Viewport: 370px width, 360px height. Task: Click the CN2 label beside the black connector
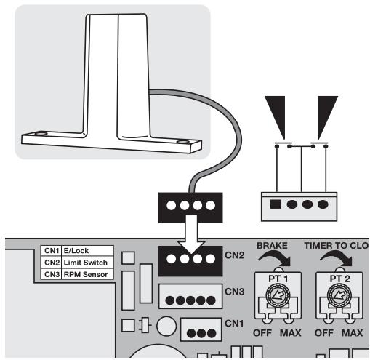click(234, 255)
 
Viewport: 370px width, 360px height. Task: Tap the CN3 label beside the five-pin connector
click(234, 292)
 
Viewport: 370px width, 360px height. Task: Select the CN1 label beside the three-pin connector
click(234, 324)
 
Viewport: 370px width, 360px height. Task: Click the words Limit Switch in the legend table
click(86, 263)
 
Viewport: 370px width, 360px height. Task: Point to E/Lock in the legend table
click(76, 251)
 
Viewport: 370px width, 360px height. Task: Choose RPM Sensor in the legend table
click(86, 274)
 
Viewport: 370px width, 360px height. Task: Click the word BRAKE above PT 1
click(272, 246)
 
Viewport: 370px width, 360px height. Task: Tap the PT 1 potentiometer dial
click(278, 295)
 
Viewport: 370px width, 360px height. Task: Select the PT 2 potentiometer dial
click(339, 295)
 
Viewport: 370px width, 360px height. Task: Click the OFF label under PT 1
click(262, 333)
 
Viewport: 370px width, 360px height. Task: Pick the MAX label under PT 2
click(352, 333)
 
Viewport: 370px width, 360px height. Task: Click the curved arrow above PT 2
click(337, 257)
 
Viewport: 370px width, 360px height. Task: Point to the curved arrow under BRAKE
click(276, 257)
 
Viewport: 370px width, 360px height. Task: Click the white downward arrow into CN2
click(192, 234)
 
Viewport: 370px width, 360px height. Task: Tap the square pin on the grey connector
click(276, 204)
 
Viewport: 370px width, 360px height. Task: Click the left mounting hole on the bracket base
click(41, 134)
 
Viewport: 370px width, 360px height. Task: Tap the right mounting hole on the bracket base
click(182, 142)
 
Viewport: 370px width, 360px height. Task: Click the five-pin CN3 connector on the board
click(190, 296)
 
